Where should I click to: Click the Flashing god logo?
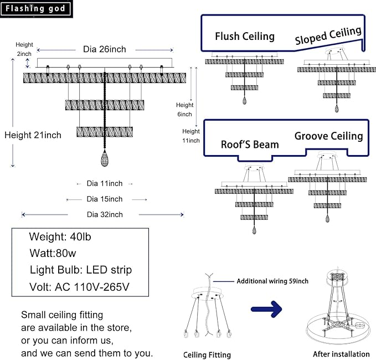(36, 9)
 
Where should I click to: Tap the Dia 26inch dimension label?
(105, 49)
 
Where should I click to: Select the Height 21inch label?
(33, 135)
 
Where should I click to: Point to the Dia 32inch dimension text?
(105, 214)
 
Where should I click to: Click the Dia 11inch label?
(105, 183)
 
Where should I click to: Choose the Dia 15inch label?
(105, 199)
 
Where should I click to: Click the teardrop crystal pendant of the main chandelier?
(105, 158)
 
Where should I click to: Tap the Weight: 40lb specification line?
(60, 237)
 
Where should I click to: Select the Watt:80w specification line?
(53, 253)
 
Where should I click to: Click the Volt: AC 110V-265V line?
(79, 287)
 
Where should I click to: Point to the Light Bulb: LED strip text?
(81, 270)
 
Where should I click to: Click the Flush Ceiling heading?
(245, 37)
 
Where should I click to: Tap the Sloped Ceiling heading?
(328, 35)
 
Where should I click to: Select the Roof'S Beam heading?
(250, 145)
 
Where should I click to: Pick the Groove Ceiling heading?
(328, 136)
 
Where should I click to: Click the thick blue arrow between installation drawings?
(266, 309)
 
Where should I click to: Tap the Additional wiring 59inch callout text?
(272, 281)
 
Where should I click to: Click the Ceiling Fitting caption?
(207, 355)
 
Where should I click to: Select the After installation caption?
(341, 354)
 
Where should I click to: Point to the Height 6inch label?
(184, 109)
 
